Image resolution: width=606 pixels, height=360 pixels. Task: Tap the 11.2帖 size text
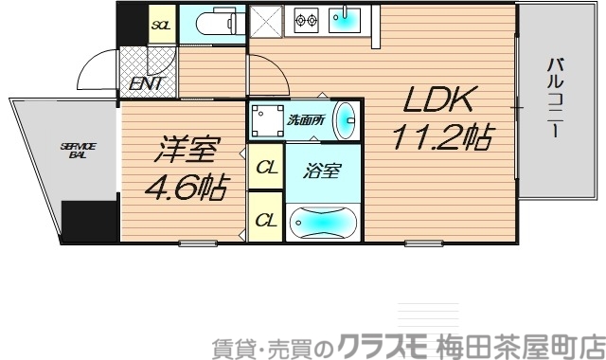[x=441, y=139]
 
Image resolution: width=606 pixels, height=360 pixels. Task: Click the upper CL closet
[x=266, y=170]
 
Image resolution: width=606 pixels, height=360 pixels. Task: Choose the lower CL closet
[x=266, y=220]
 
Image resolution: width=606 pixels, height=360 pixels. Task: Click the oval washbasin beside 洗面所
[x=348, y=119]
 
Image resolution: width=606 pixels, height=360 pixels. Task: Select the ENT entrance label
[x=147, y=83]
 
